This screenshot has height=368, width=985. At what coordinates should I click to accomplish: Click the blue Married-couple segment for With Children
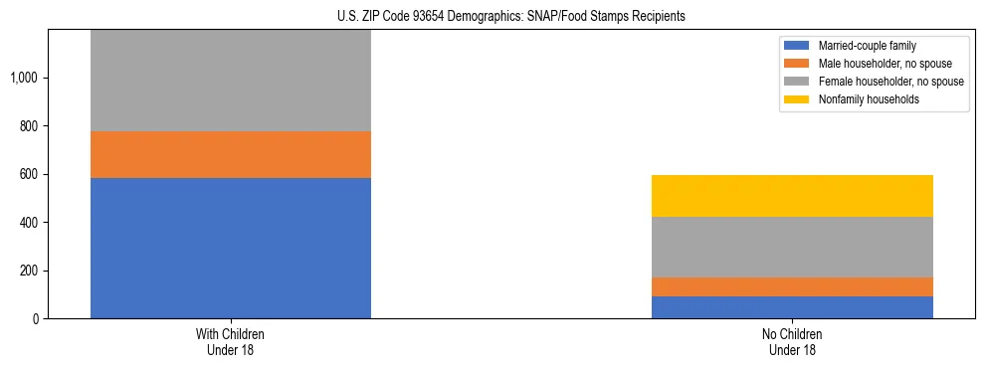click(231, 248)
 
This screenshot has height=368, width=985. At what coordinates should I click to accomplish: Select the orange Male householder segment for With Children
click(231, 154)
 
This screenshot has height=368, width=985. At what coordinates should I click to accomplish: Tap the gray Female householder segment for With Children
click(231, 81)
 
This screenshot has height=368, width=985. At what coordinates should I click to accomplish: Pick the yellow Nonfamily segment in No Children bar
click(792, 196)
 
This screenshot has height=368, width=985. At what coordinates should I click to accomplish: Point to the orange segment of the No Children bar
click(792, 286)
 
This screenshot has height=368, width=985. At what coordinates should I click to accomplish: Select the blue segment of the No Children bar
click(792, 307)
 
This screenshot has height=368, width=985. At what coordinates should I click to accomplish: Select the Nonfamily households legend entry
click(863, 99)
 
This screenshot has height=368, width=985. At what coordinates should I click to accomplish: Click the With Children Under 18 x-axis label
click(231, 342)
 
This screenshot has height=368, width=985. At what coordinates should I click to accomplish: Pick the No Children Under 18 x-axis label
click(792, 342)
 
